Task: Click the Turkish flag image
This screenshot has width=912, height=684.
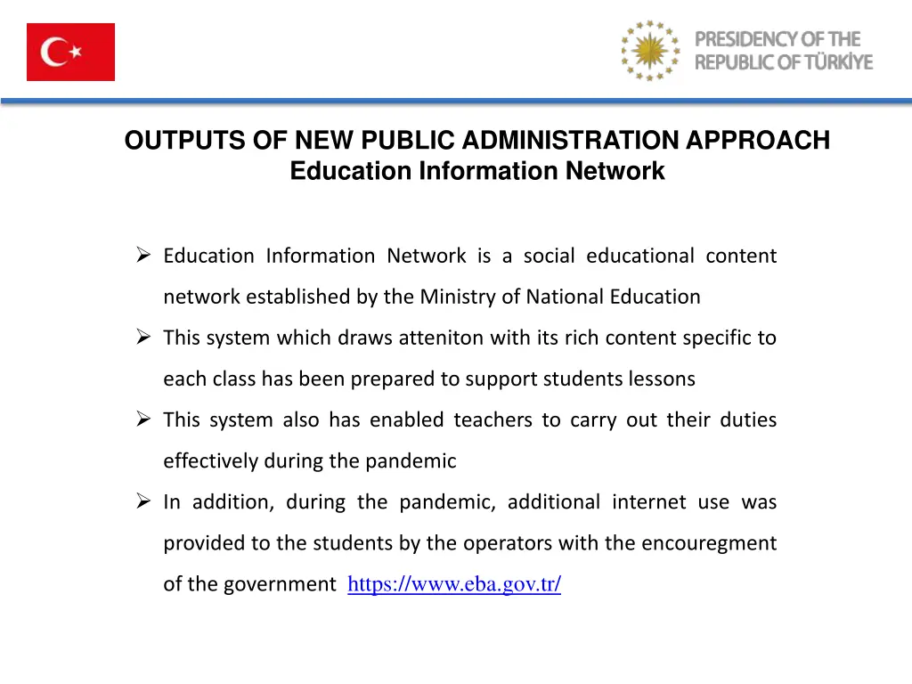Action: coord(70,53)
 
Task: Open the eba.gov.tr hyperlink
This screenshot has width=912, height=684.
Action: coord(454,584)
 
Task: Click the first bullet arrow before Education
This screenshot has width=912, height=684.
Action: coord(145,256)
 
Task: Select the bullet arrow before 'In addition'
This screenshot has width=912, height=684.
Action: coord(145,502)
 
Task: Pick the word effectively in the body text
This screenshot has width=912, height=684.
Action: coord(210,461)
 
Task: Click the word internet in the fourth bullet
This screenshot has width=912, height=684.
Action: coord(648,502)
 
